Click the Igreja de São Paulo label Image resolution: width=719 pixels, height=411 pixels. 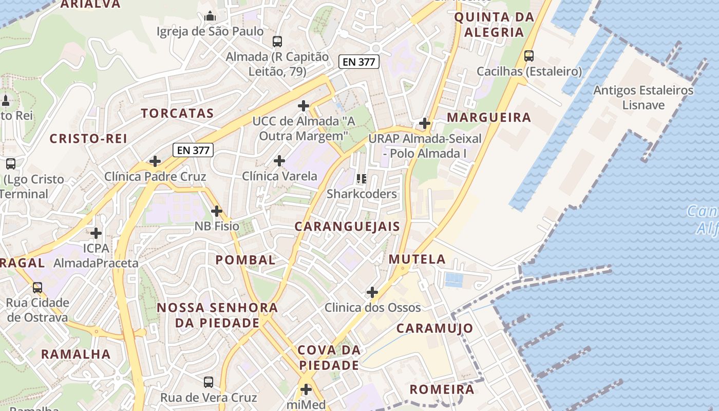click(210, 31)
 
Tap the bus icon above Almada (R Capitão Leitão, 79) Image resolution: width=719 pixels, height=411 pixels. click(277, 42)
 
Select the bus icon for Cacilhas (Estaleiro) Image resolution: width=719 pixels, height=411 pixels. click(529, 56)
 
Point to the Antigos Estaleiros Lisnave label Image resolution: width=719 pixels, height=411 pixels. click(643, 98)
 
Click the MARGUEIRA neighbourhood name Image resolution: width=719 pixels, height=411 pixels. click(489, 118)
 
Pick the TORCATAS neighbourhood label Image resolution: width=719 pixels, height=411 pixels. click(177, 114)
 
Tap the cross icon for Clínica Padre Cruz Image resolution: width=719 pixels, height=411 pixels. click(155, 161)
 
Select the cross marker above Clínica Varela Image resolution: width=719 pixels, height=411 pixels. click(279, 161)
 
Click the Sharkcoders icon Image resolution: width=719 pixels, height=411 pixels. click(362, 179)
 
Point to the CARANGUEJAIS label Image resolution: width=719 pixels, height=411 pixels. click(347, 227)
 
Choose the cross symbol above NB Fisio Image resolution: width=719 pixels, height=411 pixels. click(217, 211)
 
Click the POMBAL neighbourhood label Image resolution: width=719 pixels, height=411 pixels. click(245, 260)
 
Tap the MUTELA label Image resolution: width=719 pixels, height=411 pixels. click(418, 259)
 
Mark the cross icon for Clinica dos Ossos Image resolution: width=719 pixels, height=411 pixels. click(372, 293)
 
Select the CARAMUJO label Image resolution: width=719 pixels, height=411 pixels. click(435, 328)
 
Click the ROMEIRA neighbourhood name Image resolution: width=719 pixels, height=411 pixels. click(442, 389)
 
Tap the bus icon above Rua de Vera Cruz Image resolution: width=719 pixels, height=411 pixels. click(209, 382)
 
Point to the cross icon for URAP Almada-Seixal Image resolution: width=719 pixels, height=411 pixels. click(425, 123)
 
